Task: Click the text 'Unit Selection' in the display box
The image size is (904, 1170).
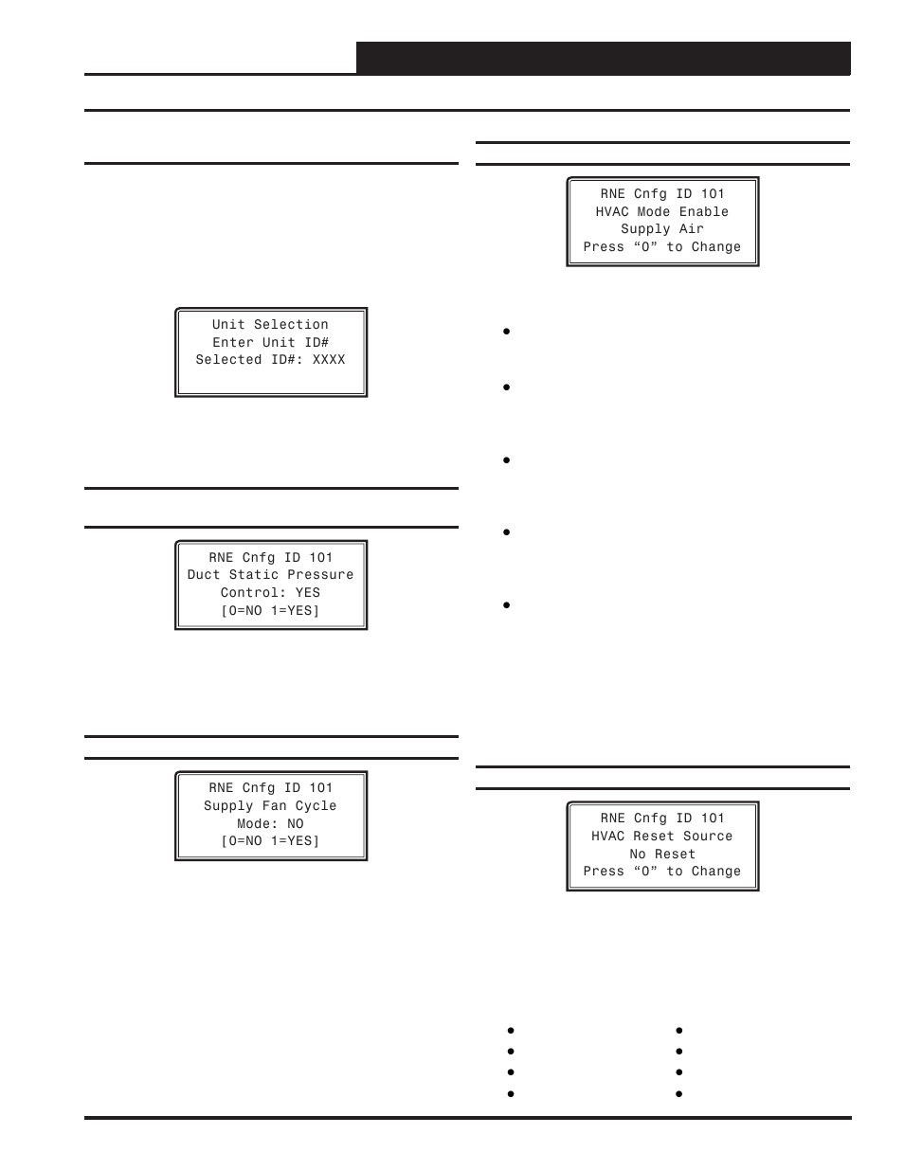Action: [x=270, y=324]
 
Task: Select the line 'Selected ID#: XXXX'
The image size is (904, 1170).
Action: [x=270, y=360]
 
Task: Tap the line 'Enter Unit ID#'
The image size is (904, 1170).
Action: [x=270, y=342]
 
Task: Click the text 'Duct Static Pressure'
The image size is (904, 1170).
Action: [x=270, y=575]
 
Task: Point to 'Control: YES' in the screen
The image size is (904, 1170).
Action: [x=270, y=593]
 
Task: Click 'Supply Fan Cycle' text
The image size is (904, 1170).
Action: [x=270, y=806]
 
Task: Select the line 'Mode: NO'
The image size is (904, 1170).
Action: [x=270, y=824]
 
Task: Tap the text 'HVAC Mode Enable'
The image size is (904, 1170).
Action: [x=662, y=212]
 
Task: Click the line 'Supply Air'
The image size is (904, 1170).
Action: [x=662, y=229]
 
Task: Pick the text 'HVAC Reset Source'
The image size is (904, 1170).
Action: [x=662, y=837]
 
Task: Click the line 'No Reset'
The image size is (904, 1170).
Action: [x=662, y=855]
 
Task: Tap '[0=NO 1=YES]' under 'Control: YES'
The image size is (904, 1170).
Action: [x=270, y=611]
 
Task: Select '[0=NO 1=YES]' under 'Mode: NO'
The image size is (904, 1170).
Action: [x=270, y=841]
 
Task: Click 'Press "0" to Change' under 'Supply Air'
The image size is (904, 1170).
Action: [x=662, y=247]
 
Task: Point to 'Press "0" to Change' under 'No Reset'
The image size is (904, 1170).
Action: [x=662, y=872]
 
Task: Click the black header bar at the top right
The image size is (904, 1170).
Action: [x=604, y=58]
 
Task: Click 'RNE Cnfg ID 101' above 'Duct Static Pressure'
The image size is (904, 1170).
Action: [x=270, y=558]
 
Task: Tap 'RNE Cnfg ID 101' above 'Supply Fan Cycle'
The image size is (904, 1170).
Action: [x=270, y=788]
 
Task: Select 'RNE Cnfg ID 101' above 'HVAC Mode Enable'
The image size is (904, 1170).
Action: [x=662, y=194]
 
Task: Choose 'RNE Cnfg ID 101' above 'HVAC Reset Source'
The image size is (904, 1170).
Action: [x=662, y=819]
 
